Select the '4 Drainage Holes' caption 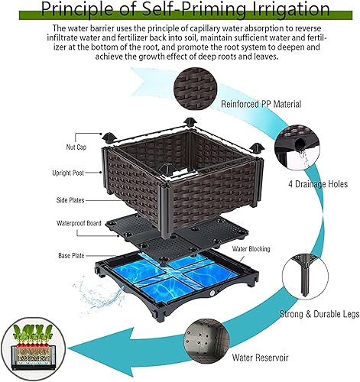[309, 183]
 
